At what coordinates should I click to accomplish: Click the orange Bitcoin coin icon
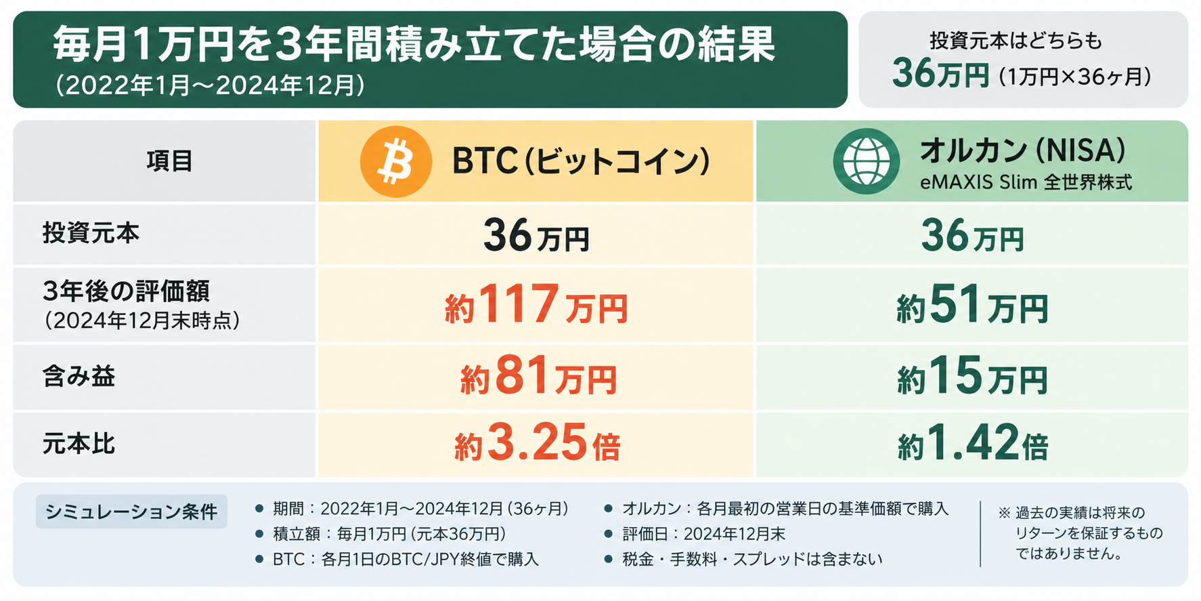pos(396,162)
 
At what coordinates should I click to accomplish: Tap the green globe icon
pos(867,162)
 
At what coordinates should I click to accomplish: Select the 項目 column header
pos(170,161)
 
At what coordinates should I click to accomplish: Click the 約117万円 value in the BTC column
pos(536,305)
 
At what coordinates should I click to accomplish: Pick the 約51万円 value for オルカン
pos(972,305)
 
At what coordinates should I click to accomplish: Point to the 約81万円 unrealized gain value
pos(539,377)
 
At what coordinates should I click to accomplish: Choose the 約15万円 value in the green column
pos(972,377)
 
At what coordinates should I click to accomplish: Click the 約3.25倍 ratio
pos(538,443)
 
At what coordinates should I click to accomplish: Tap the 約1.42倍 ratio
pos(973,443)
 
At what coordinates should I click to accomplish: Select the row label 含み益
pos(79,376)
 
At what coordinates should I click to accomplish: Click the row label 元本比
pos(79,444)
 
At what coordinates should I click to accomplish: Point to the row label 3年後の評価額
pos(126,291)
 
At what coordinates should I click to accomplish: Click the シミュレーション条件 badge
pos(131,512)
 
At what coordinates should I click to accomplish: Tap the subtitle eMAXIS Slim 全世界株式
pos(1026,182)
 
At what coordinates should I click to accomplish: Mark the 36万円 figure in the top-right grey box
pos(940,73)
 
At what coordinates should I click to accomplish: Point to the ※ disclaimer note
pos(1080,533)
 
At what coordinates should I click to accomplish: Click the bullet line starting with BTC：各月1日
pos(397,560)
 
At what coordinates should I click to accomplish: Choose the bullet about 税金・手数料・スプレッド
pos(744,560)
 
